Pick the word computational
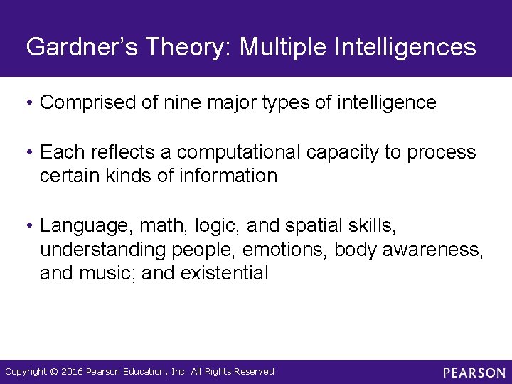click(x=240, y=152)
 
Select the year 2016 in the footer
click(x=73, y=372)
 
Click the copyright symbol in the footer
click(x=54, y=372)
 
